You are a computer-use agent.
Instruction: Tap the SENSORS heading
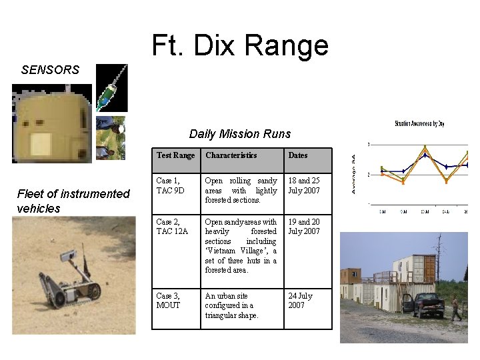(x=50, y=69)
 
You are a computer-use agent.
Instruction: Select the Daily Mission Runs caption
(x=240, y=134)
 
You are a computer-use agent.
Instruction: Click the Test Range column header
(x=175, y=155)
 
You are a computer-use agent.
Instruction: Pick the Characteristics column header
(x=231, y=155)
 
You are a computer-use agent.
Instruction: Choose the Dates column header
(x=298, y=155)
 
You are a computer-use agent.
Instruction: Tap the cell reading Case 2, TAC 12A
(x=173, y=227)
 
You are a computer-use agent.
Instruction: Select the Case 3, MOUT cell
(x=168, y=300)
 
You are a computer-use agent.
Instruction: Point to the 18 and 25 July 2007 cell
(x=304, y=185)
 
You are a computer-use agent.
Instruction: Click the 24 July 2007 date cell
(x=300, y=300)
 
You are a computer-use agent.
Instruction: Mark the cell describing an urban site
(x=231, y=305)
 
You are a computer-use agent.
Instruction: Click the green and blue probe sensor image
(x=111, y=89)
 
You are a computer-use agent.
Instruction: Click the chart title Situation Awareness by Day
(x=419, y=123)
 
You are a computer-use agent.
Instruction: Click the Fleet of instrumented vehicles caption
(x=73, y=201)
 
